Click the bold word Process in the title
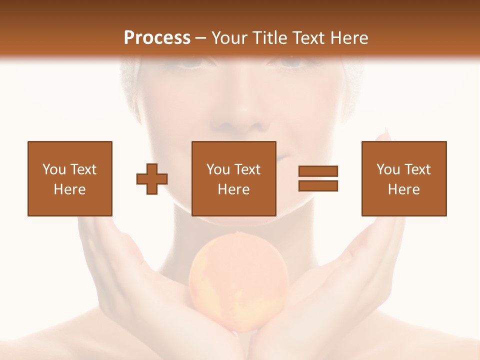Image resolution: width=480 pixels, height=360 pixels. click(x=157, y=38)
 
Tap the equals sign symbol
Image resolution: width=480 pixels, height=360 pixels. click(x=318, y=178)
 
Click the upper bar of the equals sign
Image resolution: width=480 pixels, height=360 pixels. click(x=318, y=171)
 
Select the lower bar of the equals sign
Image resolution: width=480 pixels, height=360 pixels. click(x=318, y=185)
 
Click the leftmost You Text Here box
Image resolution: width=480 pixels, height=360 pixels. click(x=69, y=178)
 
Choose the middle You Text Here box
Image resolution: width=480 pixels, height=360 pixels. click(x=233, y=178)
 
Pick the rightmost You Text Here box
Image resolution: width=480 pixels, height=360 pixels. click(x=403, y=178)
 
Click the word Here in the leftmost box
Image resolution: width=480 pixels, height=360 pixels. click(x=69, y=189)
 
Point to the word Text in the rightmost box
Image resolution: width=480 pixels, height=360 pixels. click(x=417, y=169)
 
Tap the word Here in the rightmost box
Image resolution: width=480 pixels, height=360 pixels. click(x=403, y=189)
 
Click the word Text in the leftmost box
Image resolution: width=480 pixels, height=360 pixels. click(x=83, y=169)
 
